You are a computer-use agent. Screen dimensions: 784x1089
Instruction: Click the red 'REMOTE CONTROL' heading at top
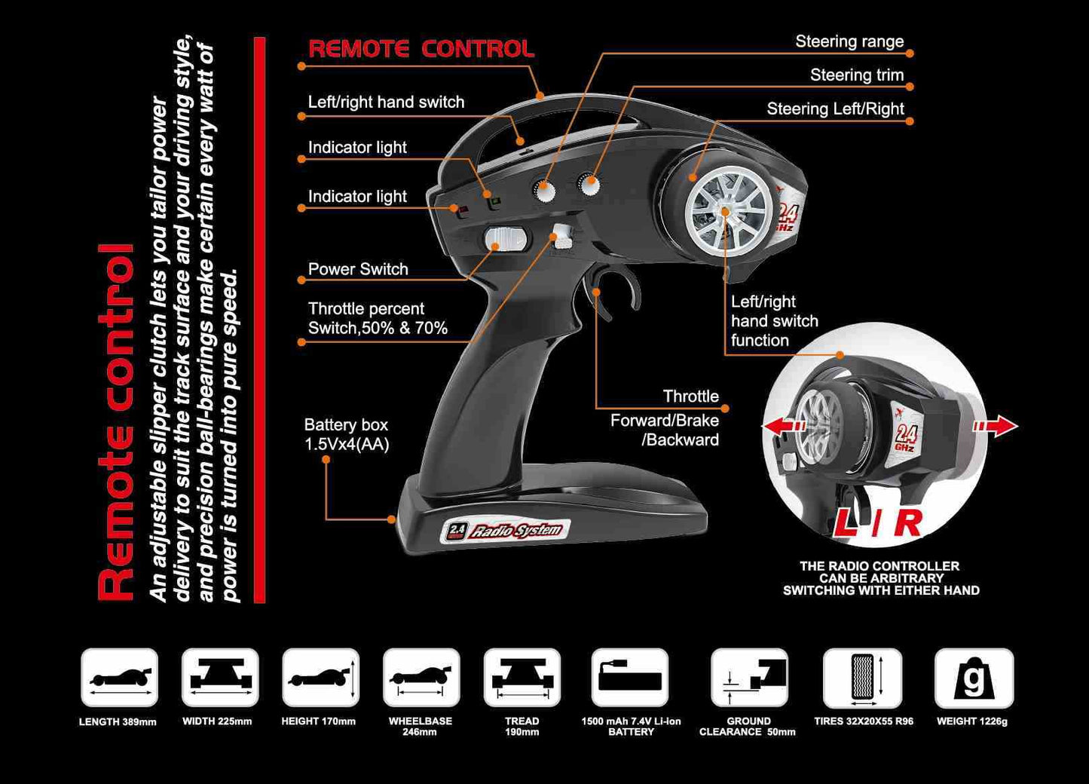click(x=421, y=49)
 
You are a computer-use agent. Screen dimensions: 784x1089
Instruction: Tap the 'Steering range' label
click(x=849, y=42)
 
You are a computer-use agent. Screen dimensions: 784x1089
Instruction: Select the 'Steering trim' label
click(x=857, y=75)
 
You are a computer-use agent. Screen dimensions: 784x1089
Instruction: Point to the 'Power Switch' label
click(x=358, y=269)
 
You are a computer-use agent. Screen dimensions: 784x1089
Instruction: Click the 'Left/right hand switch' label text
click(x=386, y=103)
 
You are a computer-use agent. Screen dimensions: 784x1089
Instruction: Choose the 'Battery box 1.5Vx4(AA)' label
click(x=347, y=435)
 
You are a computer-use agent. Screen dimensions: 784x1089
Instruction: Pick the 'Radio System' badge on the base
click(x=505, y=531)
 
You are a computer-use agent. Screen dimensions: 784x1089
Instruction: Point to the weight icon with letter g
click(x=974, y=678)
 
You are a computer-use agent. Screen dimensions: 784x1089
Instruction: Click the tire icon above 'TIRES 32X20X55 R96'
click(x=863, y=678)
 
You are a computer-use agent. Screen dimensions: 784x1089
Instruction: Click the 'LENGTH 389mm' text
click(x=118, y=722)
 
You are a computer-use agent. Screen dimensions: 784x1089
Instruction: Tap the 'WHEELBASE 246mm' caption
click(x=420, y=726)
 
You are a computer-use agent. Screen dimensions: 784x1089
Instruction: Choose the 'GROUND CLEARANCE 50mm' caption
click(x=748, y=726)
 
